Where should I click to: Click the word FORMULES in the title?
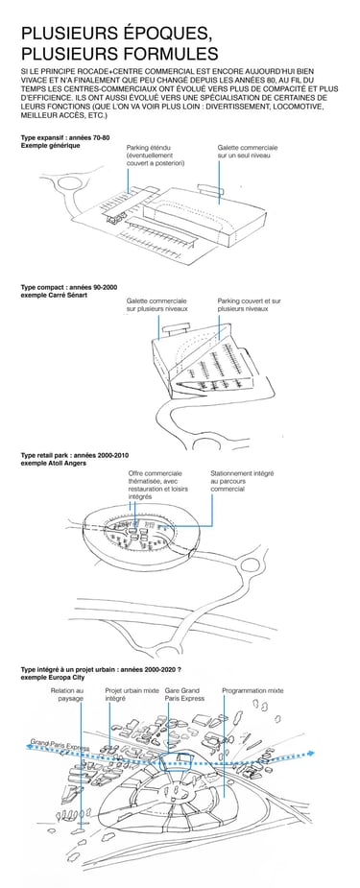166,54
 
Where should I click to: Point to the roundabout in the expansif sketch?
67,184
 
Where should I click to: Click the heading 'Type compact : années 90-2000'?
69,288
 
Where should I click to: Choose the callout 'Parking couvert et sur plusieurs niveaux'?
249,305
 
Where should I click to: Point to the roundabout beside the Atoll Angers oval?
249,565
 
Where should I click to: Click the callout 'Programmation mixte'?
253,691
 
